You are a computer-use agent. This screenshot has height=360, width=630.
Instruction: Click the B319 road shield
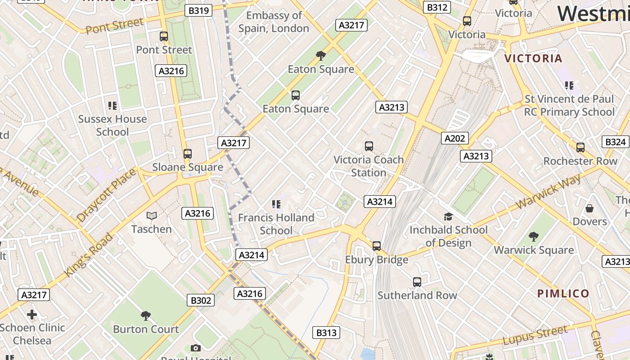[x=198, y=10]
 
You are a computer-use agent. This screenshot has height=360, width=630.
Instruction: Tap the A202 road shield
[x=454, y=138]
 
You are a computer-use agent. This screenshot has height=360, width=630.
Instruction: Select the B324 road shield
[x=615, y=142]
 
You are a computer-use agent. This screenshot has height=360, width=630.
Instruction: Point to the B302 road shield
[x=201, y=300]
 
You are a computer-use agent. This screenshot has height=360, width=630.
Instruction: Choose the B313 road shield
[x=326, y=333]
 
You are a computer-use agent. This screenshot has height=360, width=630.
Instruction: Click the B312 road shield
[x=437, y=7]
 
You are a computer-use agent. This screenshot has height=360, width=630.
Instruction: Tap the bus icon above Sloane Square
[x=188, y=154]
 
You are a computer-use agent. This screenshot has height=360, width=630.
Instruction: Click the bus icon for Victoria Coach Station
[x=369, y=146]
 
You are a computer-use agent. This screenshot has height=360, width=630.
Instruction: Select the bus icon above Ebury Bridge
[x=377, y=246]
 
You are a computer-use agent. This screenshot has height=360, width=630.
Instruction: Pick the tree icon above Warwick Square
[x=534, y=236]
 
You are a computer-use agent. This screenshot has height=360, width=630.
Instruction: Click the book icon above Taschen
[x=152, y=216]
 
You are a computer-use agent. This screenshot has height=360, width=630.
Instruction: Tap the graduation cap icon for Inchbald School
[x=448, y=216]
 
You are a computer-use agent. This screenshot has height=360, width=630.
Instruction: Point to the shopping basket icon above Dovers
[x=589, y=208]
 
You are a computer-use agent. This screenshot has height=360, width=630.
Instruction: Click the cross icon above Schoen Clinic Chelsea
[x=32, y=314]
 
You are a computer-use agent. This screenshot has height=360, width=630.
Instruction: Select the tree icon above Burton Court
[x=146, y=316]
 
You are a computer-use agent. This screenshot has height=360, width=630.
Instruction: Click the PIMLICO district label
[x=563, y=294]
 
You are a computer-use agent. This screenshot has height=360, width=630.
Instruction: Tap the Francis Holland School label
[x=276, y=224]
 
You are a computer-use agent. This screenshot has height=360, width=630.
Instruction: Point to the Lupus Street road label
[x=535, y=336]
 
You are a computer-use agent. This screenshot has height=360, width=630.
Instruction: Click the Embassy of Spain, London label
[x=274, y=22]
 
